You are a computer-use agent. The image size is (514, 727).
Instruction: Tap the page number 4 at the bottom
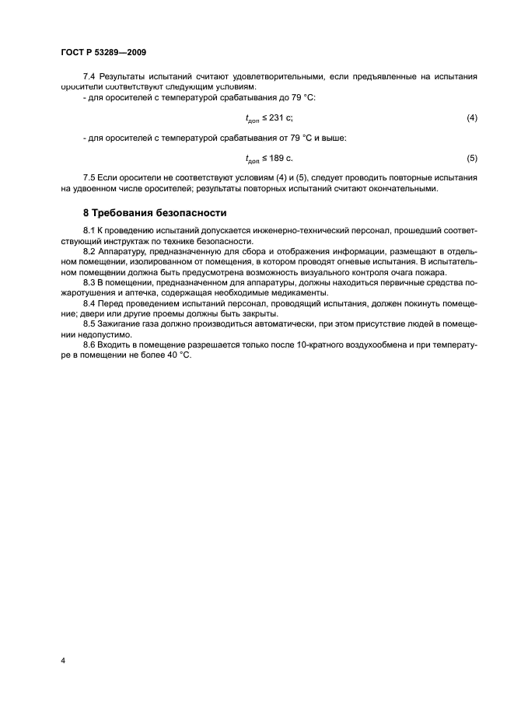63,660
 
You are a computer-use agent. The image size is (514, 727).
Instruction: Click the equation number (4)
472,118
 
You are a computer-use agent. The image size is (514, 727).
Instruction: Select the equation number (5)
472,159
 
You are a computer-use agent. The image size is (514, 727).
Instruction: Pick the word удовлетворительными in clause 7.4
270,77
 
